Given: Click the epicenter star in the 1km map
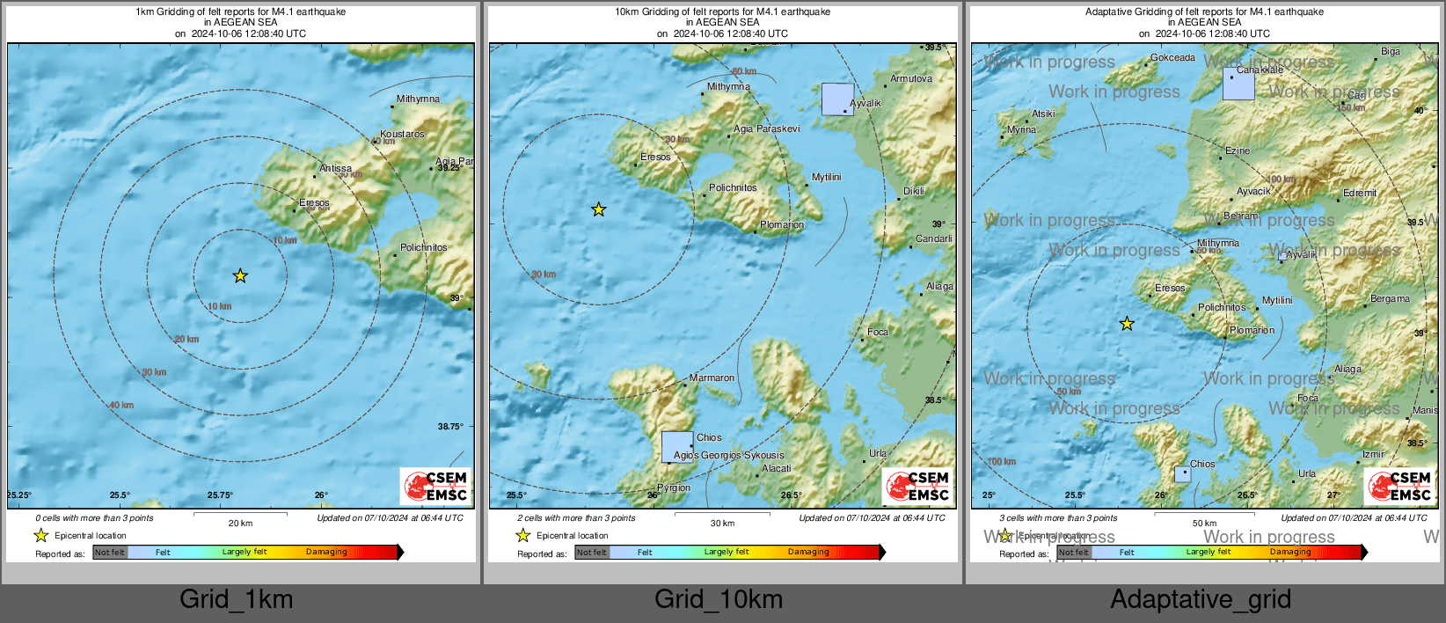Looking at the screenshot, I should click(x=240, y=276).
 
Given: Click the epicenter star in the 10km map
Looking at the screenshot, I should click(x=598, y=209).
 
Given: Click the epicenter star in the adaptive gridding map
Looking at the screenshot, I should click(x=1127, y=324).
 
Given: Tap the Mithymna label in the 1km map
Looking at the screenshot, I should click(x=418, y=99).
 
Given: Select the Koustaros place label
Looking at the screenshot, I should click(x=402, y=135).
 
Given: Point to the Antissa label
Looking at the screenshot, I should click(x=335, y=168).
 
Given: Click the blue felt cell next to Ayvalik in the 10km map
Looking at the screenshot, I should click(x=837, y=99).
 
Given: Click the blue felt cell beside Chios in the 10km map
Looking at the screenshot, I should click(x=677, y=447).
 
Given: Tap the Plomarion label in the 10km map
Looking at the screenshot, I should click(x=782, y=225).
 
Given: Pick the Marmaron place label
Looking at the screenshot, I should click(x=712, y=378).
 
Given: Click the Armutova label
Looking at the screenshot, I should click(x=911, y=79).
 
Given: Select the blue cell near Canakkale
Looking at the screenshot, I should click(x=1238, y=84).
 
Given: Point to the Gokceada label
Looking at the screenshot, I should click(x=1172, y=58).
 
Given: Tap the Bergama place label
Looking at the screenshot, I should click(x=1390, y=299).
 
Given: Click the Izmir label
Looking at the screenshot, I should click(x=1373, y=455).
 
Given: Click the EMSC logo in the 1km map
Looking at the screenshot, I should click(x=436, y=487).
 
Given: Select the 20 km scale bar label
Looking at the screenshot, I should click(x=240, y=524).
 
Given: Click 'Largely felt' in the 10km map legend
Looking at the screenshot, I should click(x=727, y=553).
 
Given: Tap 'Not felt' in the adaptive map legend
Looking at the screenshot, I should click(x=1073, y=553).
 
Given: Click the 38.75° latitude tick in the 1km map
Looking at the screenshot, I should click(x=450, y=427).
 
